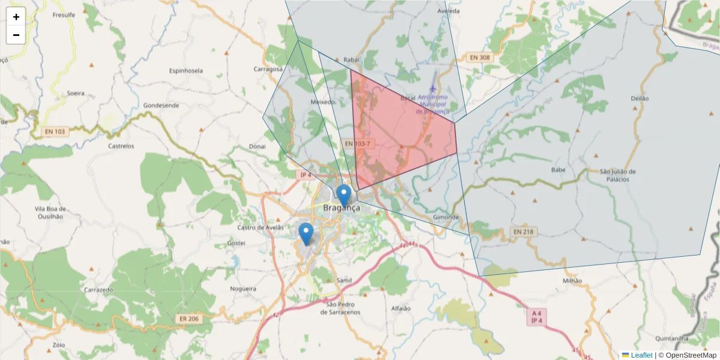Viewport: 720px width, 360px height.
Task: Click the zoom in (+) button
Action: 16,17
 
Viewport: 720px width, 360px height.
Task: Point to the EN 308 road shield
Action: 480,58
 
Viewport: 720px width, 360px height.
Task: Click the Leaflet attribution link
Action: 641,355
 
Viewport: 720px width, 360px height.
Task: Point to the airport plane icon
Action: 433,89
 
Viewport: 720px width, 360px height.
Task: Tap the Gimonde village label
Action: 446,217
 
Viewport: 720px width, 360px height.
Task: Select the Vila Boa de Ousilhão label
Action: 41,213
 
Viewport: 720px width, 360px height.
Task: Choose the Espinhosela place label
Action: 186,70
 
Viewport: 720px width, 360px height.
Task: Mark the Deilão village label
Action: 640,98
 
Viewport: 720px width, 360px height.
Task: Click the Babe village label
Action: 558,170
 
